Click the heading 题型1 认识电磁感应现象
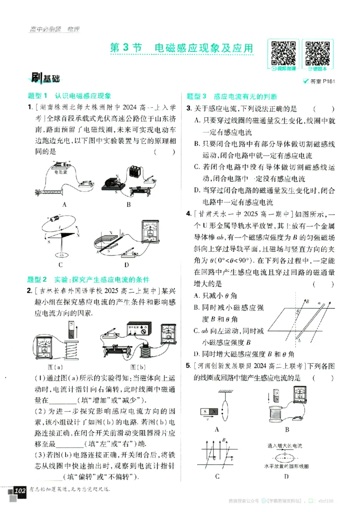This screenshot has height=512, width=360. (x=69, y=96)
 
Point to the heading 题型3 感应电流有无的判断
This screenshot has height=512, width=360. (x=232, y=96)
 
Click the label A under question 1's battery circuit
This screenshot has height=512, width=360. (x=65, y=204)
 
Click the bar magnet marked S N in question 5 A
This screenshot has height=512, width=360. (x=210, y=411)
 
